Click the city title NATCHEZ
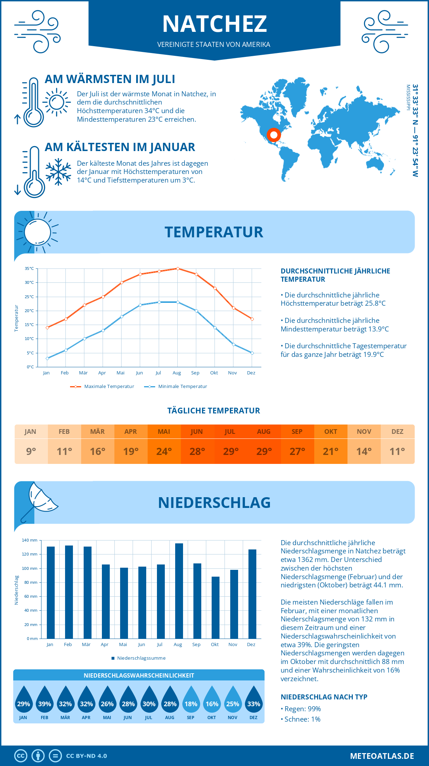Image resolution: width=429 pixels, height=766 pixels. pos(214,24)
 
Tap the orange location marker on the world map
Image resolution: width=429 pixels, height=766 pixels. pos(274,135)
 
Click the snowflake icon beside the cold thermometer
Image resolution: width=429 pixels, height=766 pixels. pos(58,172)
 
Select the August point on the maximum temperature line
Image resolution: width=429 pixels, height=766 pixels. pos(178,268)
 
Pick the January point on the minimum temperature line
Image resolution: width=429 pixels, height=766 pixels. pos(47,358)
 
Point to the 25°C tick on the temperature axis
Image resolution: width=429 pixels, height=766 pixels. pos(29,297)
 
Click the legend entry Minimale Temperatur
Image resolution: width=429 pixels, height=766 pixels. pos(182,387)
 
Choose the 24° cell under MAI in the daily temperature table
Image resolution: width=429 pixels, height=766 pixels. pos(164,451)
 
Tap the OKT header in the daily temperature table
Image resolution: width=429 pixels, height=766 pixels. pos(331,432)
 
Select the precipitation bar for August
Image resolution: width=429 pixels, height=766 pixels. pos(179,591)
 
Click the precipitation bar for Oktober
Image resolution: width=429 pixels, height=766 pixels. pos(216,607)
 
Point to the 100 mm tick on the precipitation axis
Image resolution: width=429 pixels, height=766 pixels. pos(30,568)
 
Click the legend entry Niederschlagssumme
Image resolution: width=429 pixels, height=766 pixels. pos(141,658)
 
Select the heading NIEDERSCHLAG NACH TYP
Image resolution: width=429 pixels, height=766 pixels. pos(324,697)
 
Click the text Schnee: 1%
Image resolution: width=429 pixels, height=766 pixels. pos(302,719)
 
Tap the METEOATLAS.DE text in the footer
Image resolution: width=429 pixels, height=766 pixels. pos(382,756)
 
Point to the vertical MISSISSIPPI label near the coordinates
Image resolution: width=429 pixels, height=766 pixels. pos(408,97)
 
